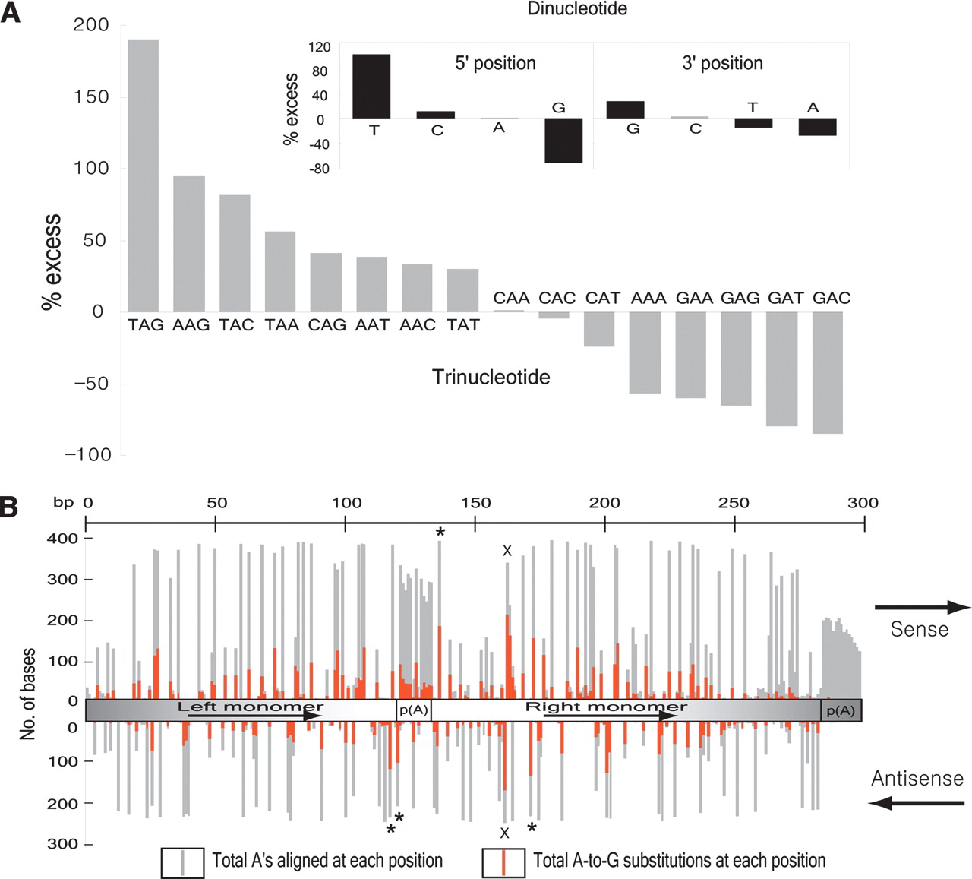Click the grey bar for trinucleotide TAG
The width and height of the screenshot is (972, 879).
pyautogui.click(x=143, y=175)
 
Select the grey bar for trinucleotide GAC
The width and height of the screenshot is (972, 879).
pyautogui.click(x=827, y=372)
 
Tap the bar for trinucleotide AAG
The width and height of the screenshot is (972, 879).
pyautogui.click(x=189, y=243)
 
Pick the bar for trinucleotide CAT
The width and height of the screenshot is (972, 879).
pyautogui.click(x=599, y=329)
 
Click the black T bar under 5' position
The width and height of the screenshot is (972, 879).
pyautogui.click(x=371, y=86)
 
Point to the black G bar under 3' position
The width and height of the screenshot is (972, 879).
pyautogui.click(x=625, y=109)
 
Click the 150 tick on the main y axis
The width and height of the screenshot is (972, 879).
pyautogui.click(x=91, y=97)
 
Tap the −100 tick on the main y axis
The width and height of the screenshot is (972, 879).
pyautogui.click(x=88, y=454)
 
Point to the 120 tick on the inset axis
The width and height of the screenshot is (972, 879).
pyautogui.click(x=320, y=47)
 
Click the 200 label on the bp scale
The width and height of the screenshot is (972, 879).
pyautogui.click(x=604, y=503)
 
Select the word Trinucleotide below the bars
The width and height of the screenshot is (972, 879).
pyautogui.click(x=491, y=377)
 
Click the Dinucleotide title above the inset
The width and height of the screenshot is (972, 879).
pyautogui.click(x=577, y=9)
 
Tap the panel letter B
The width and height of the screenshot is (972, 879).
pyautogui.click(x=9, y=507)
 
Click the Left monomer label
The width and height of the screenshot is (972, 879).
pyautogui.click(x=251, y=707)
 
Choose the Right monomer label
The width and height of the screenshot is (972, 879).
pyautogui.click(x=606, y=707)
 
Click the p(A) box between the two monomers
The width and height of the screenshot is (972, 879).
pyautogui.click(x=414, y=710)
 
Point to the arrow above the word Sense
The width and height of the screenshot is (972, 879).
pyautogui.click(x=922, y=607)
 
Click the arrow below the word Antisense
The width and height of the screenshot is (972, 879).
pyautogui.click(x=917, y=802)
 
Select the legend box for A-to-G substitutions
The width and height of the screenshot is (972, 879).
pyautogui.click(x=503, y=862)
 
